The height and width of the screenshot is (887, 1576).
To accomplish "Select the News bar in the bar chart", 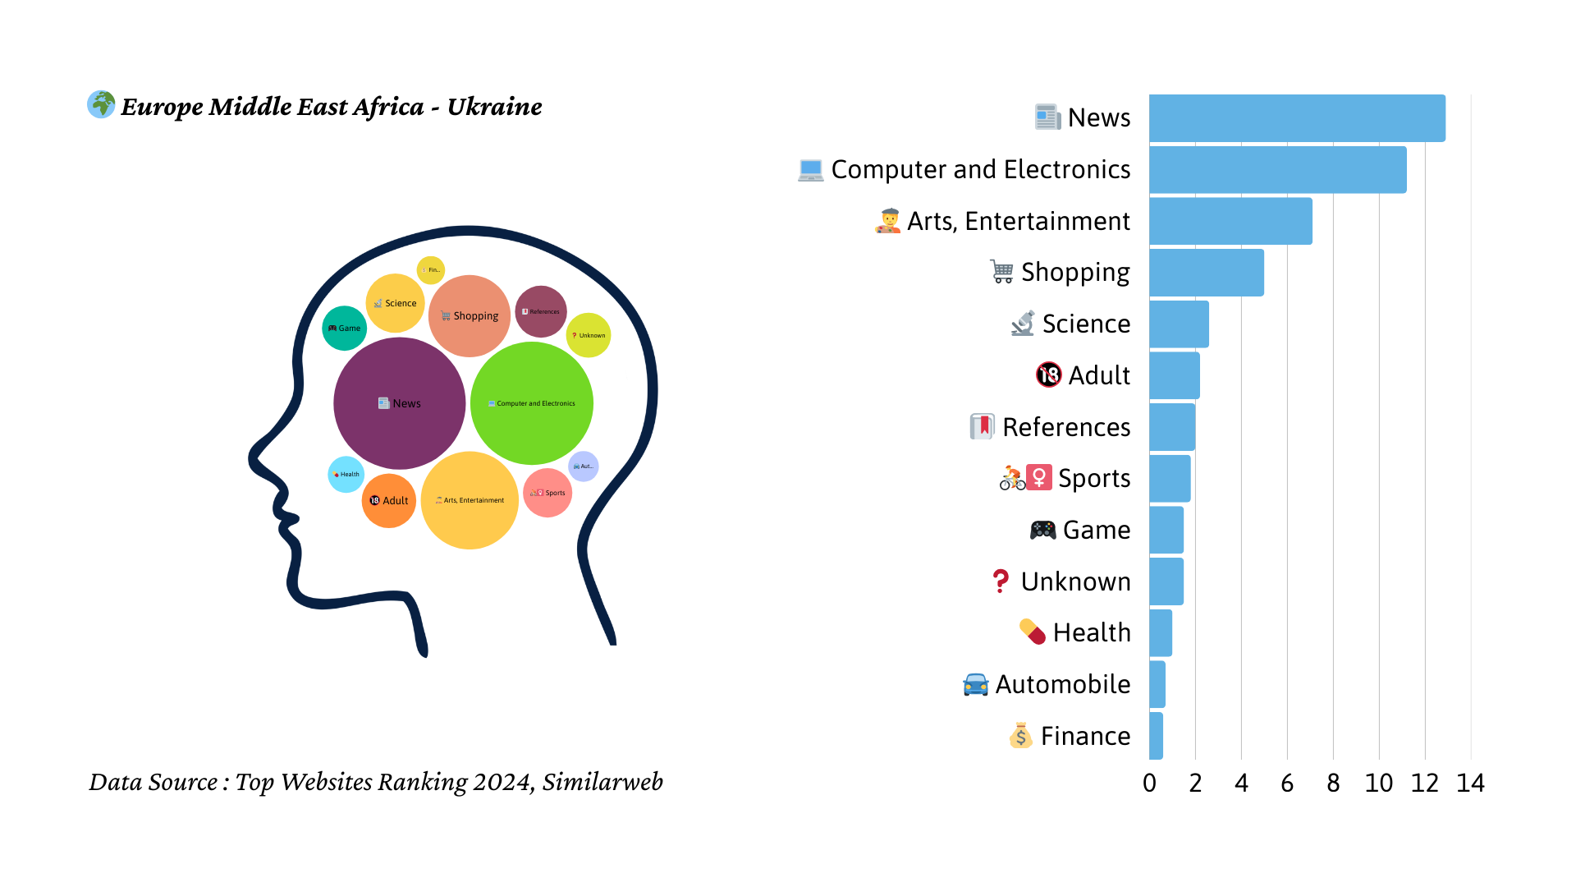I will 1297,118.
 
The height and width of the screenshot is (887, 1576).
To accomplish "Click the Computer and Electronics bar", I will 1277,170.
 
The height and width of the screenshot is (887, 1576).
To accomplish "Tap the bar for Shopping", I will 1206,273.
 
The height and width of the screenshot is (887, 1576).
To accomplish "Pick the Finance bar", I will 1156,736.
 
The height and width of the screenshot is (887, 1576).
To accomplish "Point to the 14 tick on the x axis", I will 1470,784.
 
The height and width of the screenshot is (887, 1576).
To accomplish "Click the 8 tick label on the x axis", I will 1333,784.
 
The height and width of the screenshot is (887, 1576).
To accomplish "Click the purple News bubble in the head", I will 399,403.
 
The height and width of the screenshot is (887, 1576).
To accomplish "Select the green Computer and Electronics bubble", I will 532,403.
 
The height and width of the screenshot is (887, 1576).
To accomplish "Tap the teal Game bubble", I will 344,329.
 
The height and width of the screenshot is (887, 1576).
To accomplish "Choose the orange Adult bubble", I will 388,501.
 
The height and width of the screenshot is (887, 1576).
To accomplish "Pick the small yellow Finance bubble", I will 431,269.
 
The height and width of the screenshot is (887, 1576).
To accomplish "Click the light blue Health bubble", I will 346,475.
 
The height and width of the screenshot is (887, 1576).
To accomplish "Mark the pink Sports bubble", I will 547,493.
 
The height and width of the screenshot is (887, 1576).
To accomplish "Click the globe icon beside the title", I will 101,104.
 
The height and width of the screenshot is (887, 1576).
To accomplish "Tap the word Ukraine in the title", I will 494,107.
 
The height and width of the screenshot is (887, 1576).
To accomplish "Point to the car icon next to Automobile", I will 975,684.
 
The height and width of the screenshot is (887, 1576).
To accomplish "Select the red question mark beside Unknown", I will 1000,581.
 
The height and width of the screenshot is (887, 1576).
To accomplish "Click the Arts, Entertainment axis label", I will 1018,221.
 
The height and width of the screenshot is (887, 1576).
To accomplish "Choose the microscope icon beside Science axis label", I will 1023,324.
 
